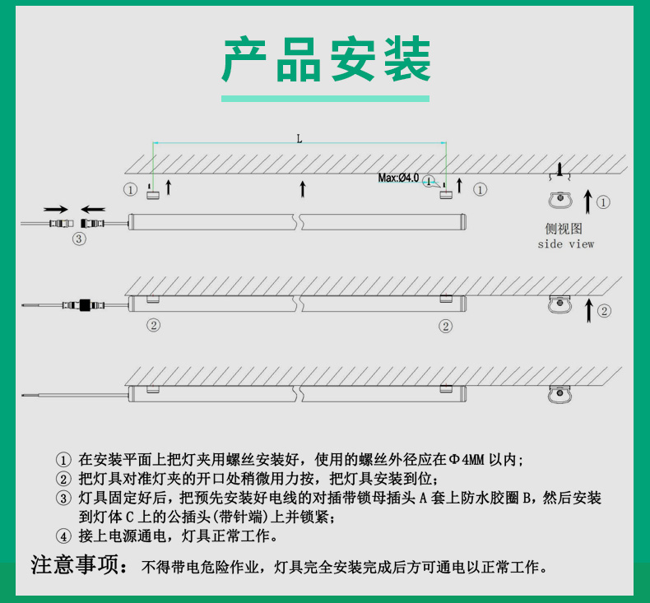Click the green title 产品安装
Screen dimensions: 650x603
point(327,59)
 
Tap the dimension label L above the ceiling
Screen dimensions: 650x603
point(299,139)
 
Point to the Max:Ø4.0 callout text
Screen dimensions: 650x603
point(398,178)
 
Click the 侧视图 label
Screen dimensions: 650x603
point(564,229)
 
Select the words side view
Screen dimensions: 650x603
point(566,244)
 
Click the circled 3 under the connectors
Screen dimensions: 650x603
point(79,239)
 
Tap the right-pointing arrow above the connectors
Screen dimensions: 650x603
point(56,209)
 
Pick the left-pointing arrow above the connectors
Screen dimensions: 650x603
point(93,209)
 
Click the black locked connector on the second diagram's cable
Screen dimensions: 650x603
point(85,305)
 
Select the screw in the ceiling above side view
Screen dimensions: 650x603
point(559,170)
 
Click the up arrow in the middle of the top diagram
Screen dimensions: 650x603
point(303,189)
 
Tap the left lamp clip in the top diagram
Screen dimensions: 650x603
point(152,194)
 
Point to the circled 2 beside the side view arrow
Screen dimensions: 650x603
point(604,311)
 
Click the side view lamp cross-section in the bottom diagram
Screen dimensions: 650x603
point(559,394)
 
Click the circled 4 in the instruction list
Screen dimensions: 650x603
point(63,536)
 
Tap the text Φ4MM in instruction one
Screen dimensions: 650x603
point(467,460)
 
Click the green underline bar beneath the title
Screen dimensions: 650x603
point(326,99)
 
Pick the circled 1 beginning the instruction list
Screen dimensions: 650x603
point(63,460)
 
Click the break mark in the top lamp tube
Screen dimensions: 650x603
point(299,222)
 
